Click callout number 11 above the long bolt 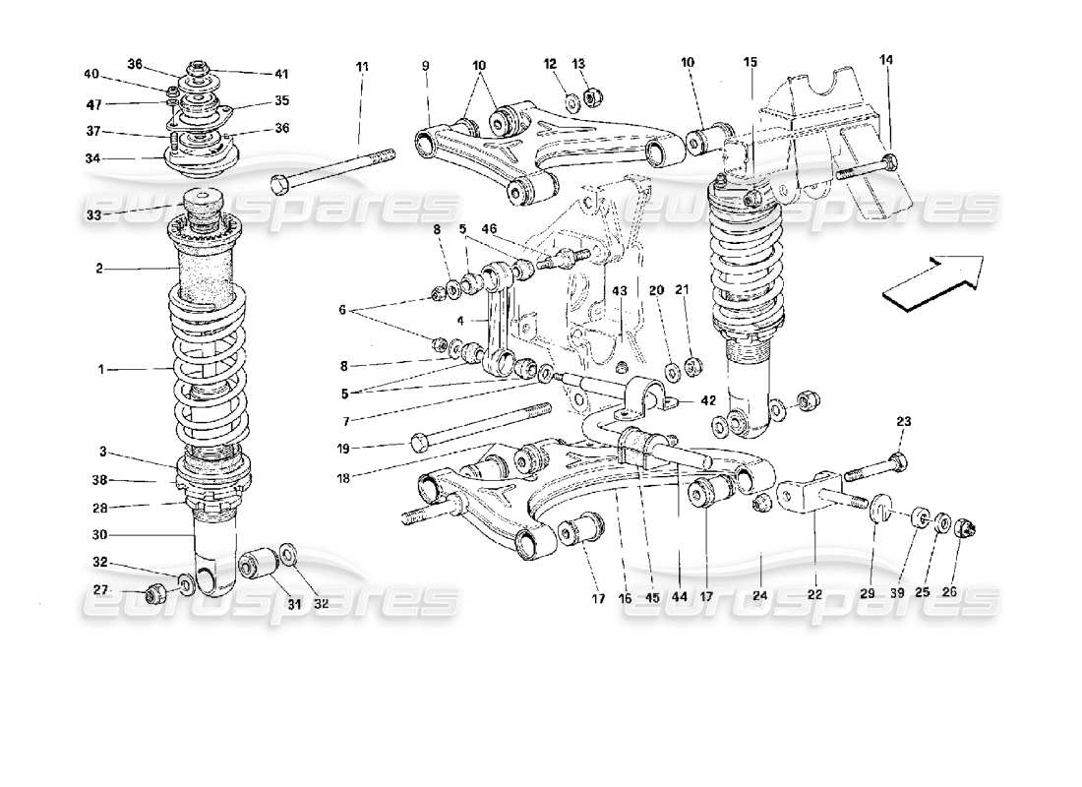pos(362,66)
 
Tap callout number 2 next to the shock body pos(101,267)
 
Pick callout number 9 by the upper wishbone pos(426,66)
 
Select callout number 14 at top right pos(886,60)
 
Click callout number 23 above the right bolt pos(904,421)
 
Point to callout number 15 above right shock pos(751,62)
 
